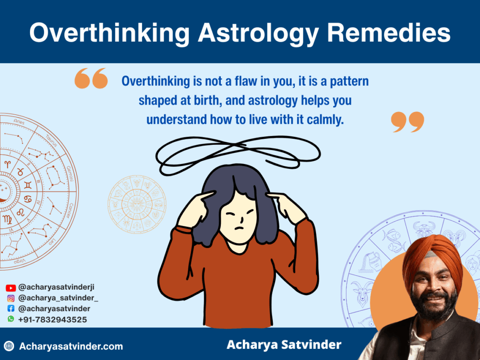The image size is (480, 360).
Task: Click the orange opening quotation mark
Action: tap(91, 78)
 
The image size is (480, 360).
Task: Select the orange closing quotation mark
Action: tap(407, 122)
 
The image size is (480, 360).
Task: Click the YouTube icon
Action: tap(11, 288)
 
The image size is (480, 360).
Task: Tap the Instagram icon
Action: tap(11, 298)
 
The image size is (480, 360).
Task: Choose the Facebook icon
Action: tap(11, 309)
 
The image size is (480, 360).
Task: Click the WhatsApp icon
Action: tap(11, 319)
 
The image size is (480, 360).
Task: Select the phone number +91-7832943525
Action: tap(52, 320)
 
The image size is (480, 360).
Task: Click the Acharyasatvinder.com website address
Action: tap(71, 347)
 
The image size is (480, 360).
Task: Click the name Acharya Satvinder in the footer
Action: tap(284, 345)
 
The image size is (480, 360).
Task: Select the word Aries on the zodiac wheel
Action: tap(19, 122)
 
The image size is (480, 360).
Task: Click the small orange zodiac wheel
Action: tap(137, 204)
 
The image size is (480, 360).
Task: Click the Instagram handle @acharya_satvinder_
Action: tap(58, 298)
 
